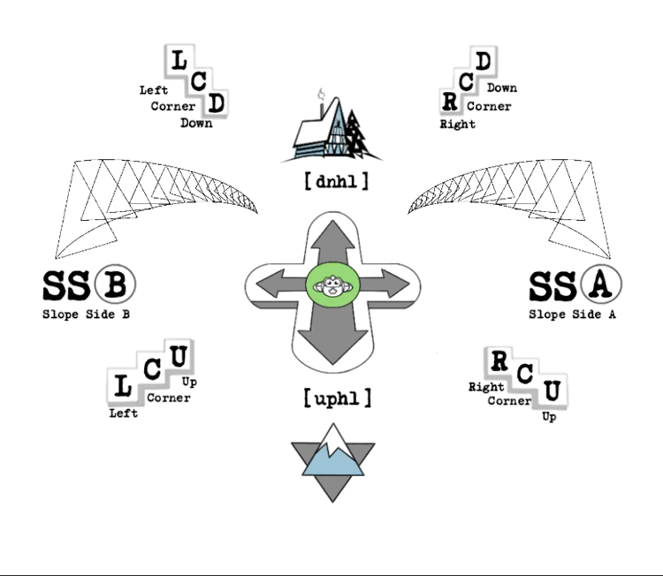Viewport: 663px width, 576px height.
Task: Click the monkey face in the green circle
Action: pyautogui.click(x=331, y=286)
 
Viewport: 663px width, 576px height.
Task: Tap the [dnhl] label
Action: pyautogui.click(x=336, y=183)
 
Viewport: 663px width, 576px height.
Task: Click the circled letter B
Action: pyautogui.click(x=114, y=284)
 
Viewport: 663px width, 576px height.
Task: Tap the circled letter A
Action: pyautogui.click(x=600, y=284)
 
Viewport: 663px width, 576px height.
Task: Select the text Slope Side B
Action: pyautogui.click(x=88, y=315)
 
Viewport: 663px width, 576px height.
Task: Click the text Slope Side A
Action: pyautogui.click(x=572, y=315)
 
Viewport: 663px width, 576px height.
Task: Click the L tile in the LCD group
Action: pyautogui.click(x=179, y=61)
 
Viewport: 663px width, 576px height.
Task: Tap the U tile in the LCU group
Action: pyautogui.click(x=179, y=358)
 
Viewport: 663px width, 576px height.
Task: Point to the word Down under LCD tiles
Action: pyautogui.click(x=196, y=124)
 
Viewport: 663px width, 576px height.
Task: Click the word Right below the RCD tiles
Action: pyautogui.click(x=458, y=125)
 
